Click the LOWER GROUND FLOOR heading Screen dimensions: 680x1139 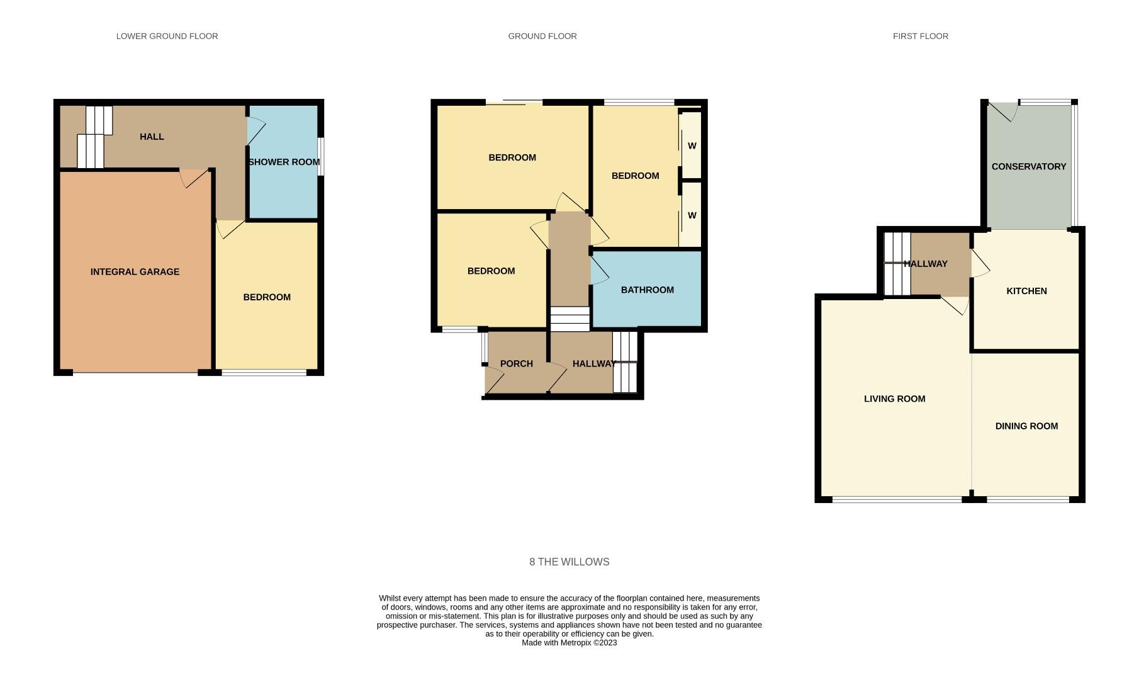[x=167, y=37]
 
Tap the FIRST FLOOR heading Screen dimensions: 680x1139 [x=920, y=37]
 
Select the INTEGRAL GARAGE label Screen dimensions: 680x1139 [x=135, y=272]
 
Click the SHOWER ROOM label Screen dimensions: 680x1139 [x=284, y=162]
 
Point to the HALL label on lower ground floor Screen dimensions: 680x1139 [x=152, y=137]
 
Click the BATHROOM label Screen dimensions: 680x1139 [x=647, y=290]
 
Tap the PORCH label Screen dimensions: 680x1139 [x=516, y=364]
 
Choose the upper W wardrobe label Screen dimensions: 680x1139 [x=692, y=146]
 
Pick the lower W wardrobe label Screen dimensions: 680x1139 [x=692, y=215]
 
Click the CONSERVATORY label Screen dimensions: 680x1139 [x=1028, y=167]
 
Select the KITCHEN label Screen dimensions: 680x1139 [x=1026, y=291]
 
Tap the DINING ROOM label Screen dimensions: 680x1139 [x=1026, y=426]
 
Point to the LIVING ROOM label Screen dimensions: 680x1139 [x=894, y=399]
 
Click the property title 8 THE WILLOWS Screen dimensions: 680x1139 [x=569, y=562]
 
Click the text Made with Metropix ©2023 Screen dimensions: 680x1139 [x=569, y=643]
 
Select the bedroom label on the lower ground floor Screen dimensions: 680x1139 [x=267, y=297]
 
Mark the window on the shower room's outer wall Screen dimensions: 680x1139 [x=320, y=157]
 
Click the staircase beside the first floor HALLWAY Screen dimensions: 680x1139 [x=897, y=264]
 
